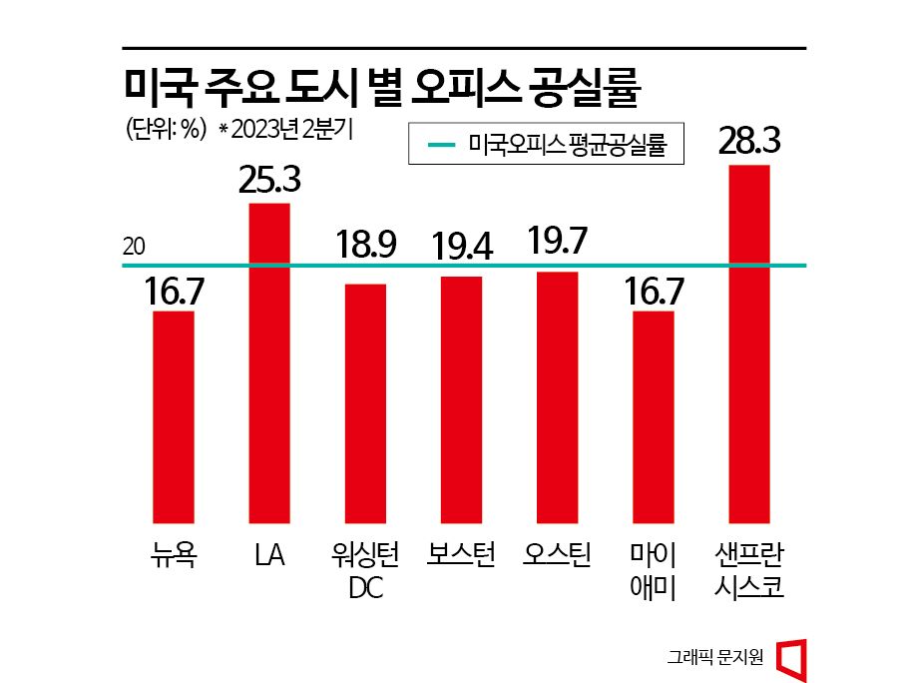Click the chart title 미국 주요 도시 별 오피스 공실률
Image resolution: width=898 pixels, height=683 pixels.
coord(380,87)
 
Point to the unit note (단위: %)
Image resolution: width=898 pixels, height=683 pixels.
coord(165,130)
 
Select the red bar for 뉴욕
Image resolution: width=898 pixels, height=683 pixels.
coord(174,416)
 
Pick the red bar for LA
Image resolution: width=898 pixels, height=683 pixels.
coord(269,362)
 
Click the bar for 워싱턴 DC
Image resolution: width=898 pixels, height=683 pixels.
coord(365,403)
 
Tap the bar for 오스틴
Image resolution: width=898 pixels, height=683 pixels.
coord(557,397)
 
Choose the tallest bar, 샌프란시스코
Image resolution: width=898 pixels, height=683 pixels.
coord(749,343)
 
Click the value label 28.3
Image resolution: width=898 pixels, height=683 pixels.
coord(748,142)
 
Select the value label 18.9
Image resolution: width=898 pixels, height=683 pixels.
coord(365,245)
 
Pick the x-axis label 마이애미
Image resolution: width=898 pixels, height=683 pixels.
coord(654,569)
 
